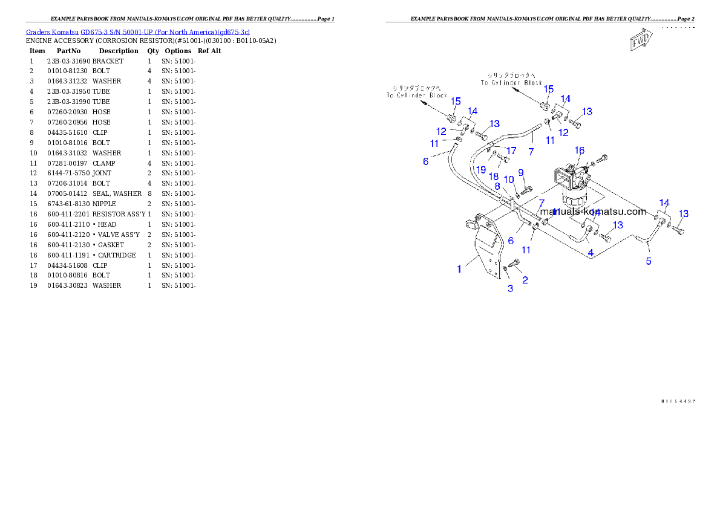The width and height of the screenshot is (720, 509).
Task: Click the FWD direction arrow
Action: [640, 41]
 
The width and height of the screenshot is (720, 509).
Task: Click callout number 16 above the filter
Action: [579, 151]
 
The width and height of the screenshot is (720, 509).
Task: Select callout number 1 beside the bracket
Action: [459, 269]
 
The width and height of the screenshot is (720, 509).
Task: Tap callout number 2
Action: [525, 280]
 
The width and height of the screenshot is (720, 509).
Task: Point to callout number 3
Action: [510, 288]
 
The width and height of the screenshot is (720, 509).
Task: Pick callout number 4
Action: [591, 253]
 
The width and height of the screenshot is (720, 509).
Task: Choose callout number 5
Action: [649, 261]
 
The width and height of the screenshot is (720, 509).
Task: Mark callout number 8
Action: [497, 186]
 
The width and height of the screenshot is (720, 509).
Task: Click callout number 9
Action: [520, 173]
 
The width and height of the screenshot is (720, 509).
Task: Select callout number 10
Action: [509, 180]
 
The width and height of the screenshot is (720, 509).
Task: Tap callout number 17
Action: [511, 150]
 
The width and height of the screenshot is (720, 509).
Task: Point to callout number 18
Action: [494, 176]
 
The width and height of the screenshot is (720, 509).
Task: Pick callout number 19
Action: [480, 170]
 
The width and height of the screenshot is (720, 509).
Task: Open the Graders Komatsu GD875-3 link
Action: [137, 32]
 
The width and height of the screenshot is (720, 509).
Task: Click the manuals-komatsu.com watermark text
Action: [593, 212]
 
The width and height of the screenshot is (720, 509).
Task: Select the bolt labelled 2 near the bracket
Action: [515, 263]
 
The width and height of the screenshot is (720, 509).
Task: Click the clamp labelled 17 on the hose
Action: [491, 145]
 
